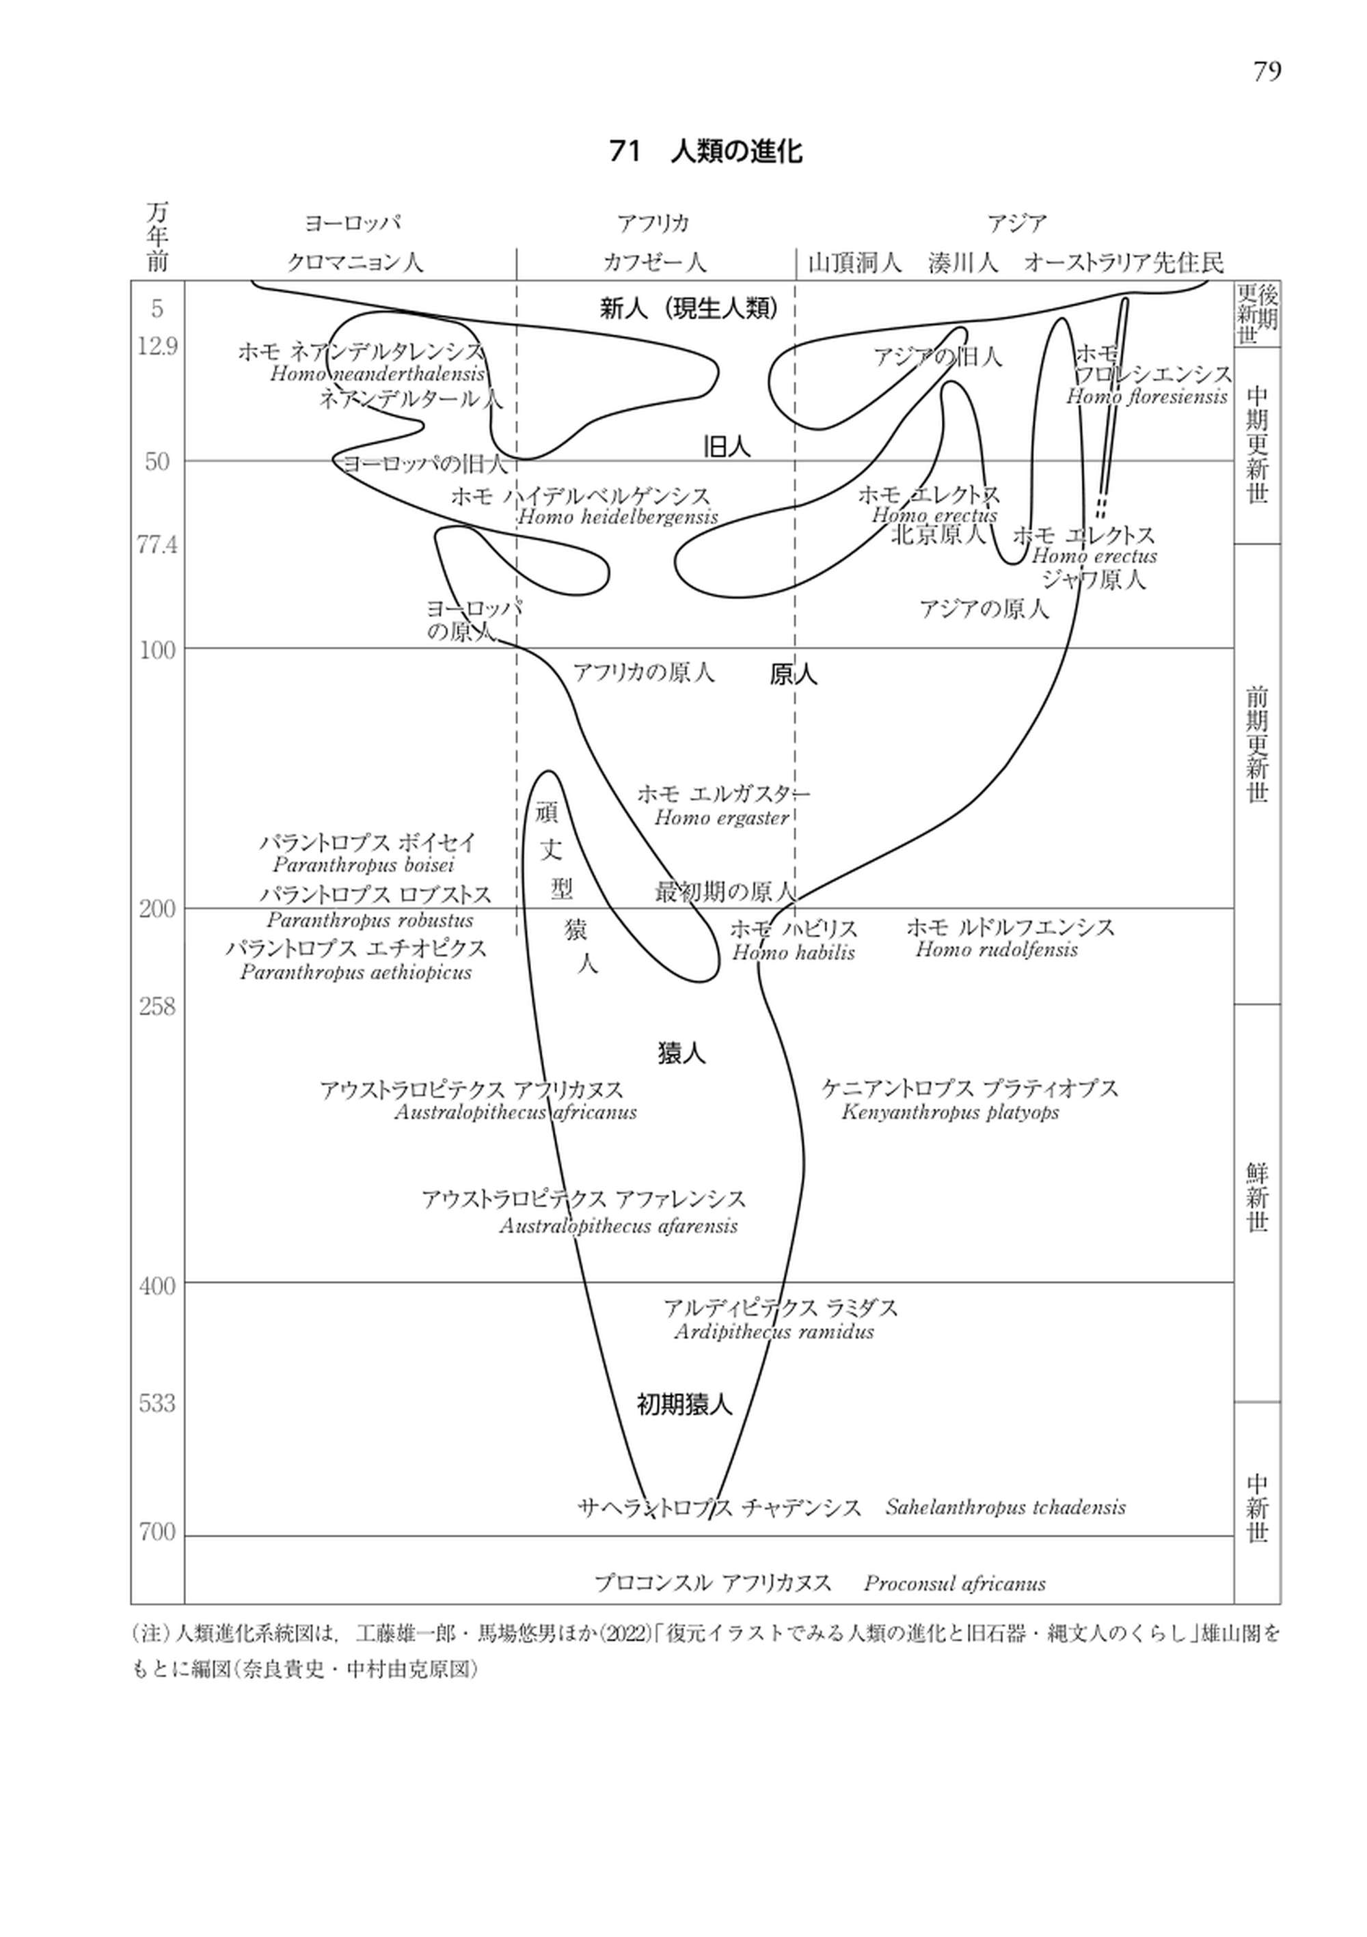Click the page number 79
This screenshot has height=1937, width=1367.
tap(1266, 72)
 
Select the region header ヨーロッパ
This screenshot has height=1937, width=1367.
tap(353, 223)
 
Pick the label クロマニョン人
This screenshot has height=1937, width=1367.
tap(355, 262)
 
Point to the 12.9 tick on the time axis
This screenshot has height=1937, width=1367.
tap(158, 346)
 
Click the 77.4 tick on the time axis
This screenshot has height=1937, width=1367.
tap(158, 546)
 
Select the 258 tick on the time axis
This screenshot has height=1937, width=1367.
tap(158, 1006)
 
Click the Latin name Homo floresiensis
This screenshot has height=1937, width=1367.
tap(1146, 396)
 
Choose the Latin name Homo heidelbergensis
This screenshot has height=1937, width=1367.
tap(618, 517)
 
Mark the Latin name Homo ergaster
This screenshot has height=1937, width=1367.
tap(722, 817)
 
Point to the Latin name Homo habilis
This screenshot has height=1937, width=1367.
tap(793, 952)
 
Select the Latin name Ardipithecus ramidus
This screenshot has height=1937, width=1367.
tap(774, 1332)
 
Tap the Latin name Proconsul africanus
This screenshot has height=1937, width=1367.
tap(954, 1584)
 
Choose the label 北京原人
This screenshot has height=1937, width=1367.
tap(938, 535)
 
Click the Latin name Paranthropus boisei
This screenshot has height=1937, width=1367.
tap(364, 865)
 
